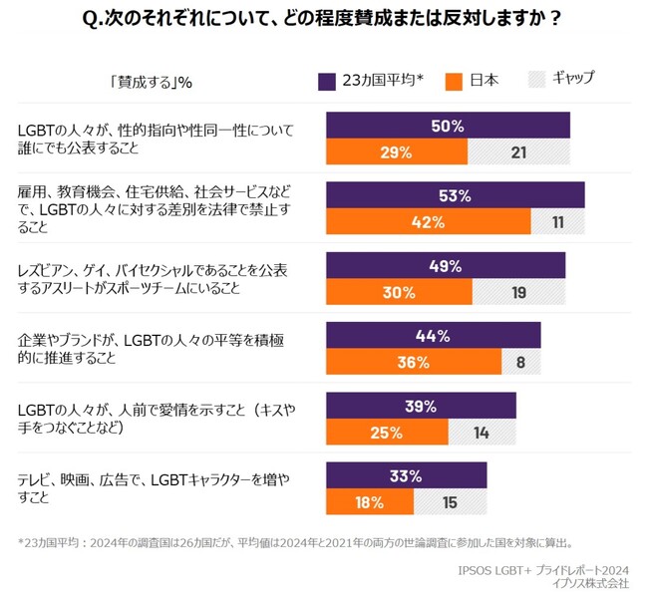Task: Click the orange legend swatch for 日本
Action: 455,81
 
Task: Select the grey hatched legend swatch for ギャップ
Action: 536,81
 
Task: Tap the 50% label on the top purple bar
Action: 448,126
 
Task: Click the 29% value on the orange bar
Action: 396,152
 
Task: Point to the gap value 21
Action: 518,152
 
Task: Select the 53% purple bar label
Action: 455,195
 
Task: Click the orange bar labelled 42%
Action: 428,222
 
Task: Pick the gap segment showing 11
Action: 556,222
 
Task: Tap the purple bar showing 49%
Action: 446,266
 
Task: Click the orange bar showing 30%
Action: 399,293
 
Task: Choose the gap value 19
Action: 518,293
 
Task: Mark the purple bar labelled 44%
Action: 433,336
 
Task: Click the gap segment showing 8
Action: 520,363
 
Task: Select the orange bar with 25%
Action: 387,433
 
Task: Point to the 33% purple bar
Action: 406,476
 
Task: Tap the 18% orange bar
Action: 370,503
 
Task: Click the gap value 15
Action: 450,503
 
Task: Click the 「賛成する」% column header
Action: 151,82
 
